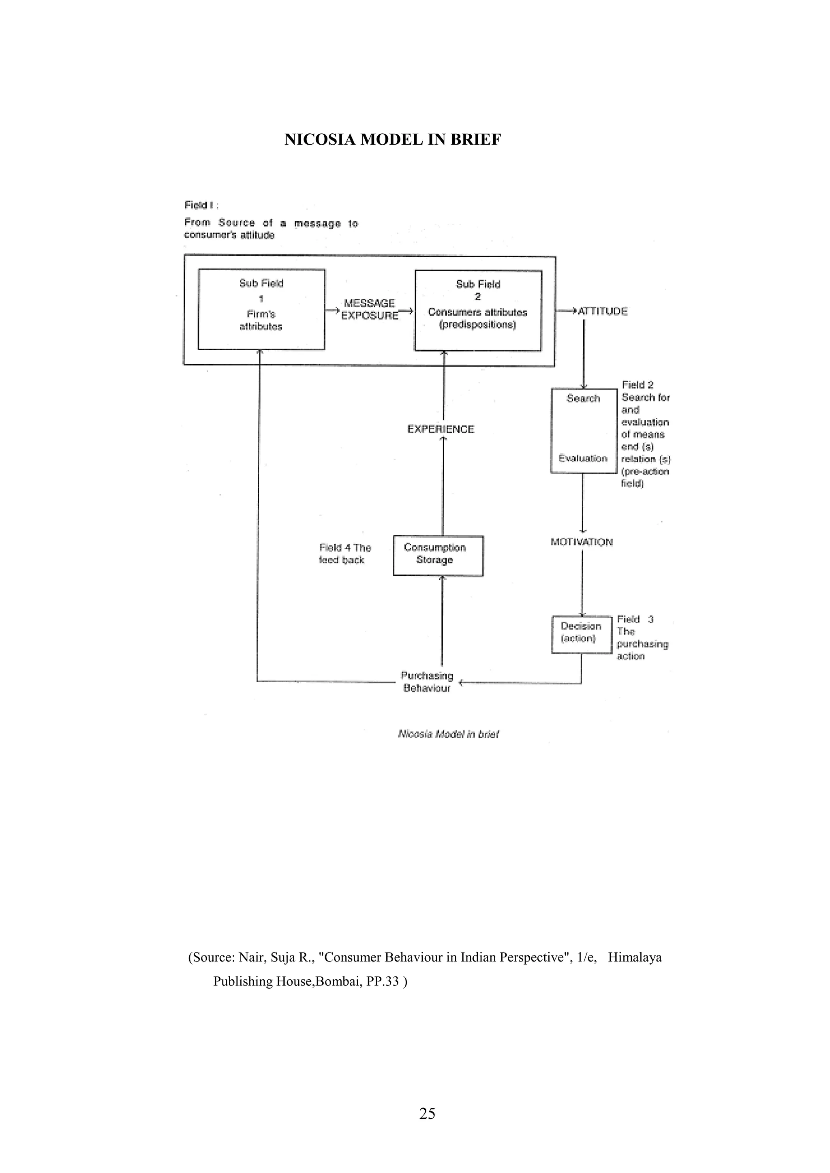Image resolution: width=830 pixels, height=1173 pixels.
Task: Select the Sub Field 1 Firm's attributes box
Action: (261, 310)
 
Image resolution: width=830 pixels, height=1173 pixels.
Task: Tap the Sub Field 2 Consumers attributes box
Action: (478, 311)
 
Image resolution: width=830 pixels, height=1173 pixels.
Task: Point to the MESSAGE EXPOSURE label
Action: (370, 310)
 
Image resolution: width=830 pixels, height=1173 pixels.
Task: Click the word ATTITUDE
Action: (603, 311)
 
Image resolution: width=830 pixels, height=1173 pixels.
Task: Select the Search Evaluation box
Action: (583, 431)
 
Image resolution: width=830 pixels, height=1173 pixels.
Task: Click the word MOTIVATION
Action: (581, 542)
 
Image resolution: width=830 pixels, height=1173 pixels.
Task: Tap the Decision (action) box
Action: (581, 634)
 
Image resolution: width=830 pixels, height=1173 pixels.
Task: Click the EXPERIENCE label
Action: (441, 429)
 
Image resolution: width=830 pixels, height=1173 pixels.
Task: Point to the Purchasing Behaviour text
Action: (427, 682)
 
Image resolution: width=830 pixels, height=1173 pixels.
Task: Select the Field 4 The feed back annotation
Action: (344, 554)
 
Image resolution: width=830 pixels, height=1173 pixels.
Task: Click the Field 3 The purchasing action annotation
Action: (642, 638)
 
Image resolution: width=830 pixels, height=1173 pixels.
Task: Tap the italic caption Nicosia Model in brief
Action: (448, 734)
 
